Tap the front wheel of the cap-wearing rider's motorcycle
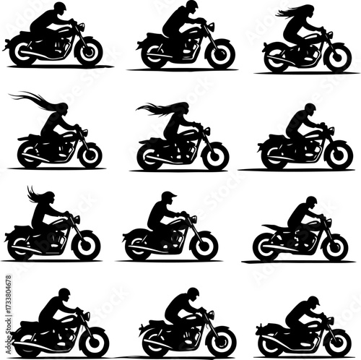click(x=204, y=246)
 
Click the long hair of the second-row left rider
click(x=36, y=100)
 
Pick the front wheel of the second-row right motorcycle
click(x=337, y=154)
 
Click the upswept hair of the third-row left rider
click(x=34, y=194)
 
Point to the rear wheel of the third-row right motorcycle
click(x=266, y=247)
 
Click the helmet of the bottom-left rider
click(x=64, y=293)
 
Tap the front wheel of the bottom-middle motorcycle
click(x=221, y=340)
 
